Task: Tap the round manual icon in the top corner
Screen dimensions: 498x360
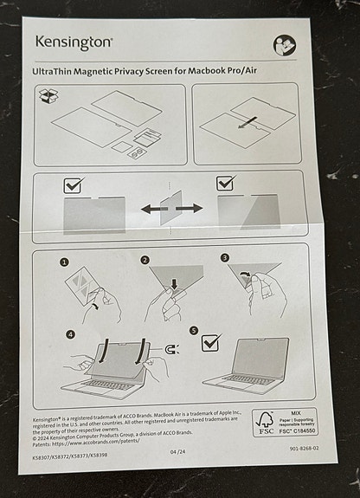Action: pyautogui.click(x=285, y=45)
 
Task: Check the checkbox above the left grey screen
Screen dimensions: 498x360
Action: pyautogui.click(x=74, y=184)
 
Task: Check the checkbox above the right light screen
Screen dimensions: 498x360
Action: pyautogui.click(x=226, y=184)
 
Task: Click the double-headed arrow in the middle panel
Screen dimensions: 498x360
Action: pyautogui.click(x=172, y=209)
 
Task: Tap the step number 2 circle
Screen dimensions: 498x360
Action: pyautogui.click(x=145, y=259)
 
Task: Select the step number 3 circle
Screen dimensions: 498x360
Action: pyautogui.click(x=224, y=258)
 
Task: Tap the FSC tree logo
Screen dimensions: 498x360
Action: pyautogui.click(x=264, y=422)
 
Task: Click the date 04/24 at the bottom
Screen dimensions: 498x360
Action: pyautogui.click(x=177, y=450)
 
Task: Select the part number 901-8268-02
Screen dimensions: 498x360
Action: pyautogui.click(x=304, y=449)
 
